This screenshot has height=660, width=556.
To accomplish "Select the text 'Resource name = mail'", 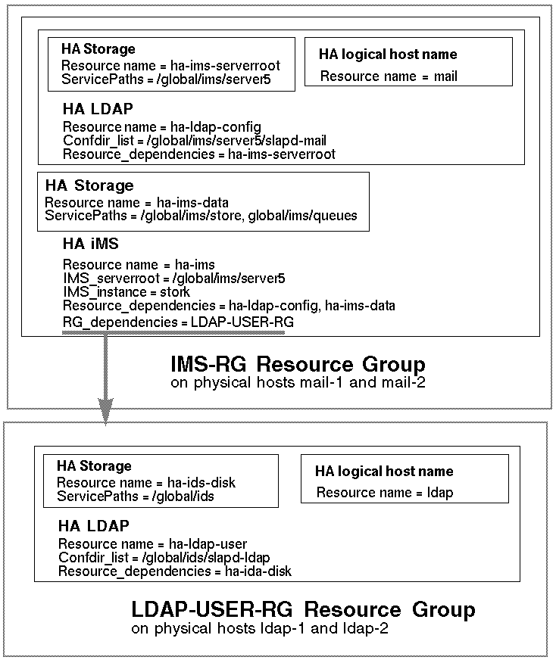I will click(389, 76).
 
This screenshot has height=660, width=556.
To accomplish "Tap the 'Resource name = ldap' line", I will click(385, 493).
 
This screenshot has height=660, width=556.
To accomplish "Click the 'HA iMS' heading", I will click(91, 243).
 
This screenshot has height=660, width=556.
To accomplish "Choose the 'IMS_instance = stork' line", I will click(127, 292).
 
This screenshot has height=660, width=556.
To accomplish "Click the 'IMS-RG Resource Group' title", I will click(298, 365).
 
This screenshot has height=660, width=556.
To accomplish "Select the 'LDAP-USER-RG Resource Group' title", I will click(303, 610).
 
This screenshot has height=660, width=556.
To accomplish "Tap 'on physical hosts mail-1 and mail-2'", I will click(298, 383).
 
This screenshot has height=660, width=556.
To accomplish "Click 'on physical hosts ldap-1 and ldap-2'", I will click(260, 629).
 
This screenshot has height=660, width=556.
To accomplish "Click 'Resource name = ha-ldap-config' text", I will click(162, 126).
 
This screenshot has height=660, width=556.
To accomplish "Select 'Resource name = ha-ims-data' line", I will click(136, 202).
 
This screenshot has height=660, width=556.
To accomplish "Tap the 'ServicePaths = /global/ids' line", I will click(136, 496).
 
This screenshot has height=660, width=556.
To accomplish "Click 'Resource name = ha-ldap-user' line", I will click(152, 543).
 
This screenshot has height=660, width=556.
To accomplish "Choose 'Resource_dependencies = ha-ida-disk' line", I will click(174, 571).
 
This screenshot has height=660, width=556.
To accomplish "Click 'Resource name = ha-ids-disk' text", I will click(146, 483).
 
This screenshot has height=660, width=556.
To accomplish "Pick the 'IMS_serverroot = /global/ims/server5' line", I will click(173, 279).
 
